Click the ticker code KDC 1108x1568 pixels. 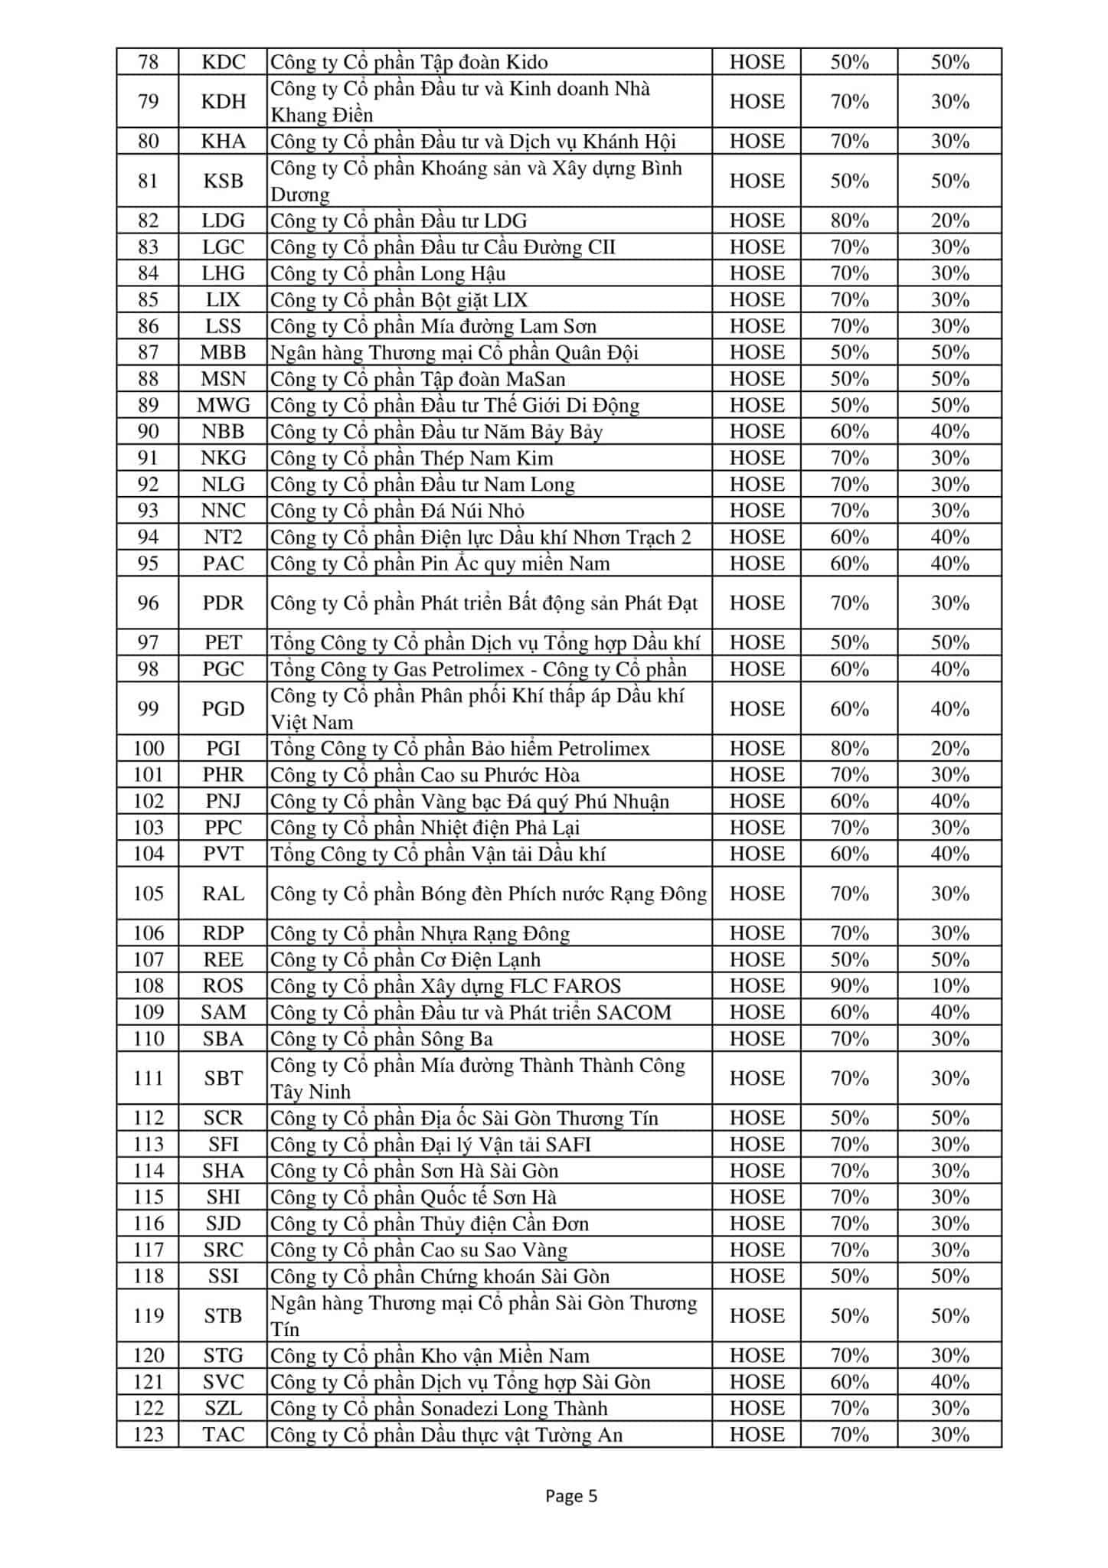coord(223,62)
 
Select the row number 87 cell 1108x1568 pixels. coord(148,353)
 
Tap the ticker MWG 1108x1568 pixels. coord(223,406)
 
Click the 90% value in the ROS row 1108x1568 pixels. coord(849,986)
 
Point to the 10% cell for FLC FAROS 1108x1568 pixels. coord(949,986)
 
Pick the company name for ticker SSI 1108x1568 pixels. coord(440,1276)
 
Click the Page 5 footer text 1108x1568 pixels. coord(570,1496)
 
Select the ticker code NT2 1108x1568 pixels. coord(223,537)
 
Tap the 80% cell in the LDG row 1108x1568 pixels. coord(849,221)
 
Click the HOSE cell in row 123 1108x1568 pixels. coord(757,1435)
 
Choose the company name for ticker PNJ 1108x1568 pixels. coord(469,802)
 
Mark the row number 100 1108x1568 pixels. coord(148,749)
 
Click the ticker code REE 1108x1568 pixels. coord(223,960)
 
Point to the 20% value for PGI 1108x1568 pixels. coord(949,749)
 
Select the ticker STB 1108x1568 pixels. coord(223,1316)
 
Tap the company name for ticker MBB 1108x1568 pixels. coord(454,353)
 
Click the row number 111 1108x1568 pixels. coord(148,1079)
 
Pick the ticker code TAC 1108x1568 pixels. coord(223,1435)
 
